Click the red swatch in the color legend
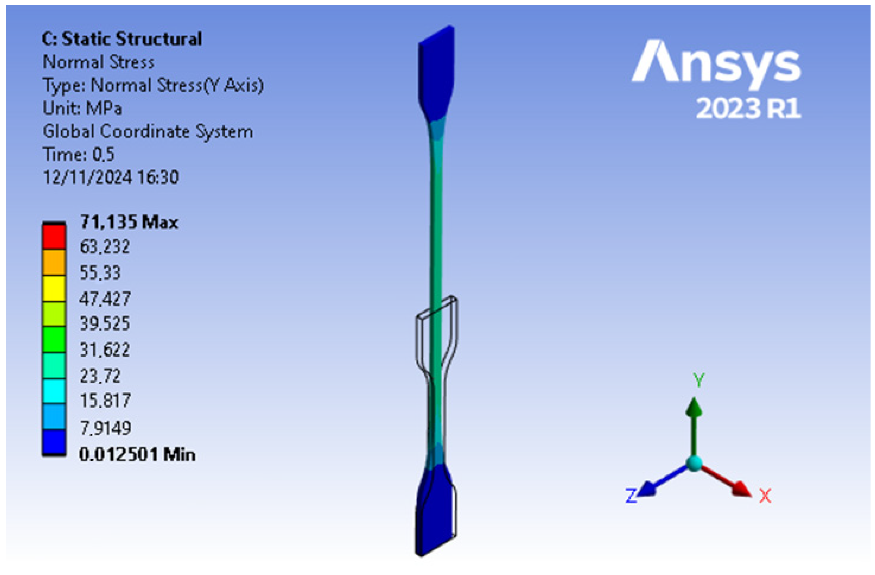coord(54,237)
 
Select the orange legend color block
coord(54,263)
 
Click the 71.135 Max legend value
coord(129,222)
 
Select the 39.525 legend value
coord(105,323)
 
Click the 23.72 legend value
coord(100,376)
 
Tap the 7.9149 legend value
coord(105,428)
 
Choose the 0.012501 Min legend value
coord(137,455)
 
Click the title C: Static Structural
coord(122,39)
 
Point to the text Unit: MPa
coord(82,108)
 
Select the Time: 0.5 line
coord(79,154)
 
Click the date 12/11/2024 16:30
coord(111,177)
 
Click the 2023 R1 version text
coord(748,108)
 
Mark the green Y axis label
coord(699,380)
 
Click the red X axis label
coord(765,496)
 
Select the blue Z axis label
coord(631,496)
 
